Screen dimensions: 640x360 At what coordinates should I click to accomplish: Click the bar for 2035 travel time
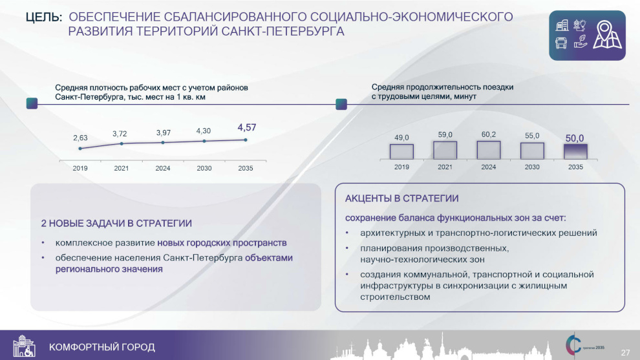pos(575,151)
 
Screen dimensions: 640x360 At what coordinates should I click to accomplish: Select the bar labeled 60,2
pos(488,150)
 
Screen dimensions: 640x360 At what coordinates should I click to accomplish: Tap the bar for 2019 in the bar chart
pos(401,151)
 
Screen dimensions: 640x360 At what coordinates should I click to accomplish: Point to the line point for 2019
pos(80,149)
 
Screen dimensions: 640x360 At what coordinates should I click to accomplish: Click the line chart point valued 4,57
pos(246,140)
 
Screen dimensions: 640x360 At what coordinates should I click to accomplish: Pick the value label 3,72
pos(120,134)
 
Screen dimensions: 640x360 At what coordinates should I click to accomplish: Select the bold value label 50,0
pos(574,138)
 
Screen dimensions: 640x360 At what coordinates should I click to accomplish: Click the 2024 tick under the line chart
pos(163,168)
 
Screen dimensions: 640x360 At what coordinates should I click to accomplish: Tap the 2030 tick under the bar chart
pos(532,167)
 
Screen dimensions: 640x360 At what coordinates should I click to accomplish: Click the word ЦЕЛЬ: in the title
pos(44,17)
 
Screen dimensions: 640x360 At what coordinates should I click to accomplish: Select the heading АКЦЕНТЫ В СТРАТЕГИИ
pos(401,198)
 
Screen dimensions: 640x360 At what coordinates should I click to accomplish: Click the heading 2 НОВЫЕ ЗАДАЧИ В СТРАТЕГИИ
pos(116,223)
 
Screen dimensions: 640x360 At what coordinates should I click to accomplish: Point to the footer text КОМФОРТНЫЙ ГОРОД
pos(102,347)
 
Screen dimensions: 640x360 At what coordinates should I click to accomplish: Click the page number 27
pos(625,353)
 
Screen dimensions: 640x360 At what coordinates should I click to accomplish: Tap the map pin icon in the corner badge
pos(607,35)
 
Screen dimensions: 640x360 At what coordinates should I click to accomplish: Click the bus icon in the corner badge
pos(561,43)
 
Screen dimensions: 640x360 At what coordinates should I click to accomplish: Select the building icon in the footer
pos(24,346)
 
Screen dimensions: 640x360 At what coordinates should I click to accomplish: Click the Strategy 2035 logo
pos(584,345)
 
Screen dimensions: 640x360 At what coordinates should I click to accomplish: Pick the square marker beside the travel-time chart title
pos(341,104)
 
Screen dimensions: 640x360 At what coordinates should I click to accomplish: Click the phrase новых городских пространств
pos(222,243)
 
